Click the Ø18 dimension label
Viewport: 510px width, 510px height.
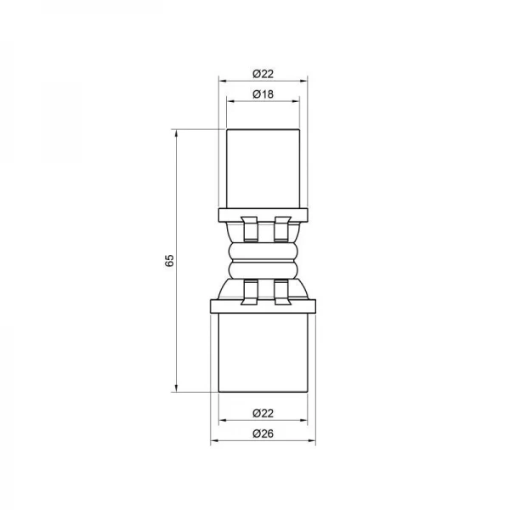click(263, 93)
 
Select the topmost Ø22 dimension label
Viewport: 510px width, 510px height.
click(263, 74)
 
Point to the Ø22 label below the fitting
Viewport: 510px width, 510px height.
click(263, 414)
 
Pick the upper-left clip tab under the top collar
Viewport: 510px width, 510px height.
click(248, 228)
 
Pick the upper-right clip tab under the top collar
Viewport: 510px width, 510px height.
click(281, 228)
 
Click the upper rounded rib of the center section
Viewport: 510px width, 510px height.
click(263, 250)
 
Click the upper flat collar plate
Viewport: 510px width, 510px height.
click(263, 212)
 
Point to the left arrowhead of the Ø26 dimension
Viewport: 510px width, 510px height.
click(214, 441)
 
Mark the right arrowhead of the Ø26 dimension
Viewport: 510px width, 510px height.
click(313, 441)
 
